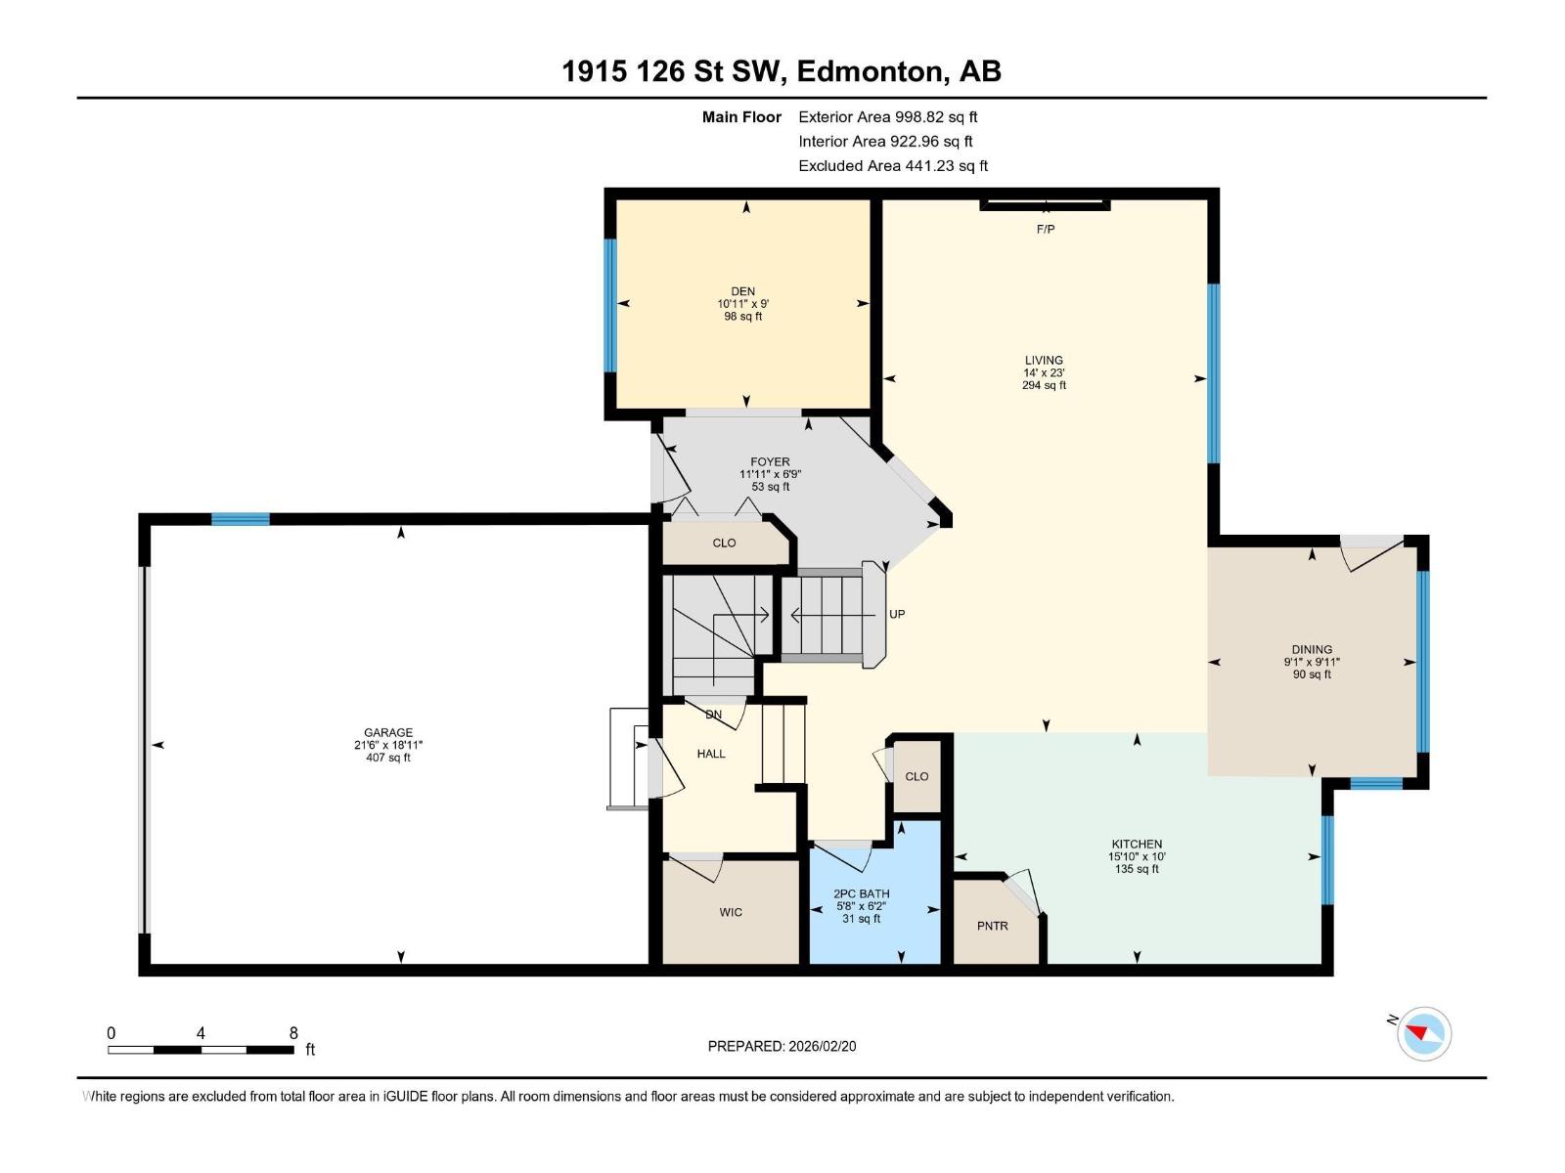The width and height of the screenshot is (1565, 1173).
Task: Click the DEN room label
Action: tap(742, 291)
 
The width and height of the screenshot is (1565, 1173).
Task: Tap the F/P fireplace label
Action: tap(1046, 229)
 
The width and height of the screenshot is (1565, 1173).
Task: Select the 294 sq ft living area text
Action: tap(1044, 385)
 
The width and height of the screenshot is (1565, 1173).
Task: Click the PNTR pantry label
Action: tap(992, 926)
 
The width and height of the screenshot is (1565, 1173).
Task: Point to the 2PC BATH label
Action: tap(861, 893)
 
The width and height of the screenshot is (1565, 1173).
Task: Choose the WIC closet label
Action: tap(731, 912)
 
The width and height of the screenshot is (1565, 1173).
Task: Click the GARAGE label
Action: tap(388, 732)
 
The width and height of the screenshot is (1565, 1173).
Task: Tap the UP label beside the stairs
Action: tap(897, 614)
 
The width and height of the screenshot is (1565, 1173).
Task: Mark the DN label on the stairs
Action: tap(714, 715)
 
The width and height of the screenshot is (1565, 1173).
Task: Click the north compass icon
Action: tap(1423, 1033)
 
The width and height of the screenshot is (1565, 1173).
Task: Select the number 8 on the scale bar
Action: tap(293, 1033)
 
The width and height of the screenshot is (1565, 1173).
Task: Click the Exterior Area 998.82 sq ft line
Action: tap(887, 116)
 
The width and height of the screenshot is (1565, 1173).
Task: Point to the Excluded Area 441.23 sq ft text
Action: tap(892, 165)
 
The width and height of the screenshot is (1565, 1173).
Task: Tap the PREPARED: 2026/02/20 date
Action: tap(782, 1046)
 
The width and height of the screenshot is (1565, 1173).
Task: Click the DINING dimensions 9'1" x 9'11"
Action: tap(1312, 662)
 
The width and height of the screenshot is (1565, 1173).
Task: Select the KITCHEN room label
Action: tap(1137, 844)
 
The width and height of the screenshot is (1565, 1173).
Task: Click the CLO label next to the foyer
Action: tap(724, 543)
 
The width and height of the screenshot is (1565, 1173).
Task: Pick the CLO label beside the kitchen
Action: tap(917, 776)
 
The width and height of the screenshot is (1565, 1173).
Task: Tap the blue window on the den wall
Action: tap(610, 305)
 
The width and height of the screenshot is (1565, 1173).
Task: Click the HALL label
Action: tap(711, 754)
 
